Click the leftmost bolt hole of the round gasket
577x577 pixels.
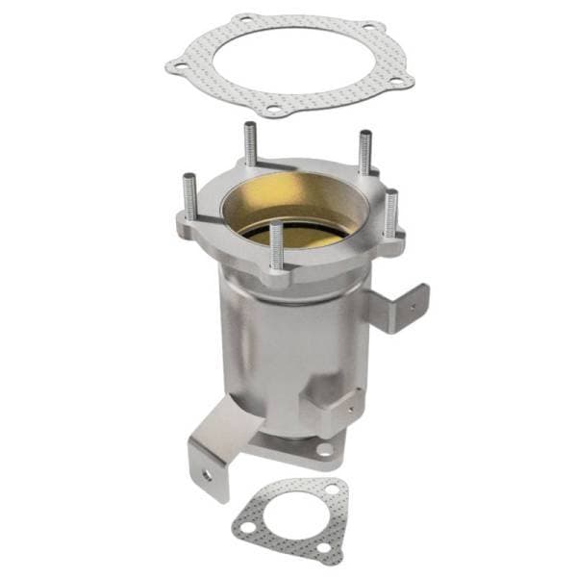[x=176, y=66]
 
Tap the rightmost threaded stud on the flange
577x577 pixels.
[x=390, y=212]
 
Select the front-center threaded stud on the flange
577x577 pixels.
[x=277, y=246]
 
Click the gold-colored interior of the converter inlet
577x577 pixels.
[x=288, y=207]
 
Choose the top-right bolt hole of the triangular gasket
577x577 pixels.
[x=332, y=490]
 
